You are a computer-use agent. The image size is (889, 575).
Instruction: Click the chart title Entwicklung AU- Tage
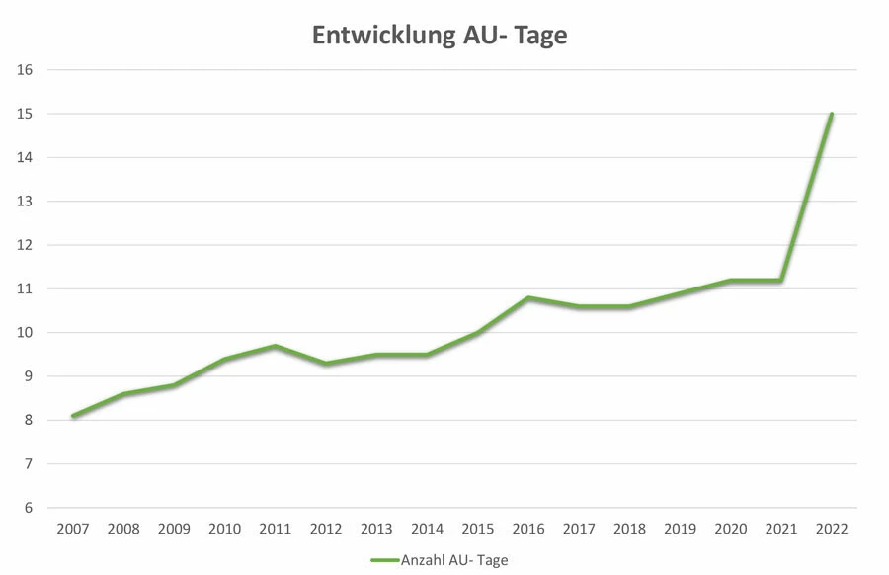click(x=441, y=36)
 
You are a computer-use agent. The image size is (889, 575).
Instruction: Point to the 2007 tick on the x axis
click(x=73, y=530)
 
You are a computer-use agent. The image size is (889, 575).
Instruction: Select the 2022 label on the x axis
click(x=832, y=530)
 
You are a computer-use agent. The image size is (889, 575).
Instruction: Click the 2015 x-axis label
click(x=478, y=530)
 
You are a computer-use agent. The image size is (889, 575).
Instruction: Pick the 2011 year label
click(x=276, y=530)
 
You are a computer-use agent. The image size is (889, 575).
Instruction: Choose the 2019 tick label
click(x=680, y=530)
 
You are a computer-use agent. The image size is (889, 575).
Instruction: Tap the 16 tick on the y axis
click(x=26, y=70)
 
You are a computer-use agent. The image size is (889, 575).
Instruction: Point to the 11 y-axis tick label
click(x=26, y=288)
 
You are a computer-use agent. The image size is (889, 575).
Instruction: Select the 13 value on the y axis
click(x=26, y=202)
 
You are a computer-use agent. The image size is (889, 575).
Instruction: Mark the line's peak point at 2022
click(x=832, y=114)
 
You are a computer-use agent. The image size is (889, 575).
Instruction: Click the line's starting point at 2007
click(x=73, y=416)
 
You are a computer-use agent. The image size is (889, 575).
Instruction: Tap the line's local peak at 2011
click(x=276, y=346)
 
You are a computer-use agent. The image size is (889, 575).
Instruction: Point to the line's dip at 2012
click(x=326, y=364)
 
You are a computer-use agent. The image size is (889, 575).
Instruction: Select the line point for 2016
click(x=528, y=297)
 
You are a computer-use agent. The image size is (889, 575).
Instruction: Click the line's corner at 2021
click(x=781, y=281)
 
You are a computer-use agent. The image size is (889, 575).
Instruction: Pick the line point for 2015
click(x=478, y=333)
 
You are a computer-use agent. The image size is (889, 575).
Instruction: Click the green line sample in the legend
click(x=384, y=559)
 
